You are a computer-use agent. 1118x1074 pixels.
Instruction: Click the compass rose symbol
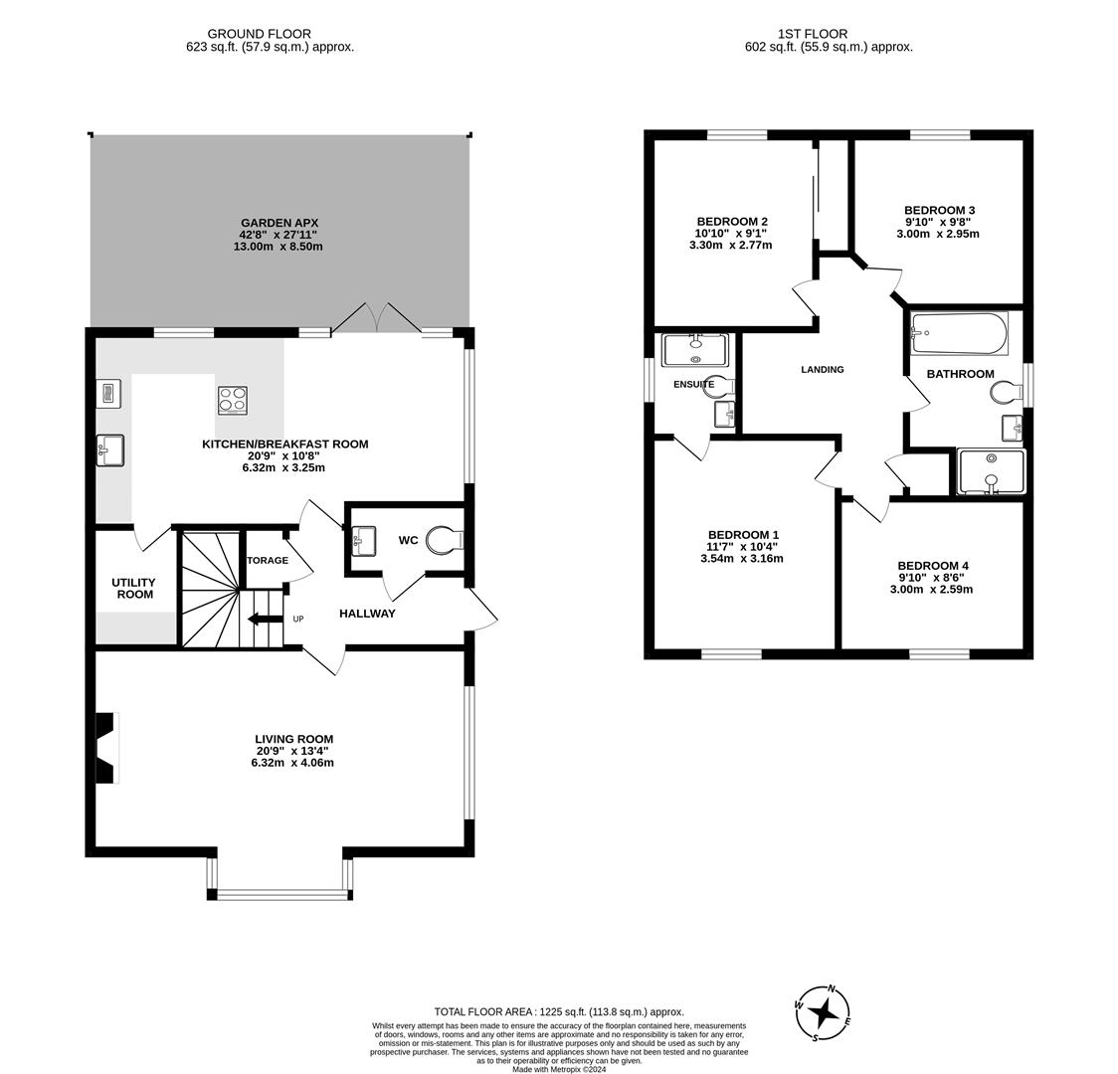click(x=823, y=1013)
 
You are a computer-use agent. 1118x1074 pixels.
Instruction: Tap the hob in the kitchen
click(x=233, y=400)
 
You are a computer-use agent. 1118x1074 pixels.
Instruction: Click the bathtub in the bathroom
click(x=959, y=333)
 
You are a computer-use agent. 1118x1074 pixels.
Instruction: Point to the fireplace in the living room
click(x=105, y=748)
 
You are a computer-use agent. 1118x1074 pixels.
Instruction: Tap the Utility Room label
click(x=134, y=588)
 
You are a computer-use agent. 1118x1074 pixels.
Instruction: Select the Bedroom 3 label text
click(x=939, y=210)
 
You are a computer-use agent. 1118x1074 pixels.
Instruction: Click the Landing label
click(x=822, y=370)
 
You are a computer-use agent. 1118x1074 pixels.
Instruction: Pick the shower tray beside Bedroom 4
click(x=991, y=471)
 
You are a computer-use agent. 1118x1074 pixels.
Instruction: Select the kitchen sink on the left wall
click(x=109, y=449)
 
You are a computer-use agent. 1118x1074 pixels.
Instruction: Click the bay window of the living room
click(x=279, y=892)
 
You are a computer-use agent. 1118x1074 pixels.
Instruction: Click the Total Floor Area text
click(x=558, y=1010)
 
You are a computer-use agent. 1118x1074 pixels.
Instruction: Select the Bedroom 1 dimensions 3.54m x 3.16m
click(x=741, y=559)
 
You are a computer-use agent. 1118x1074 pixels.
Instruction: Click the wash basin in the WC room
click(x=363, y=541)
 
